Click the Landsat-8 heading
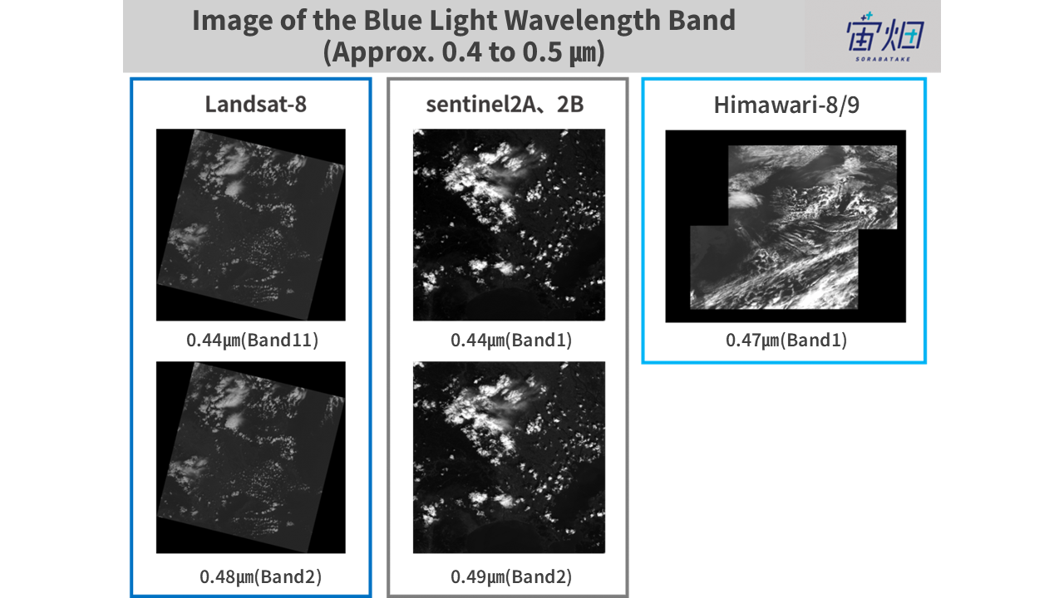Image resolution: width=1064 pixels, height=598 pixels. coord(255,105)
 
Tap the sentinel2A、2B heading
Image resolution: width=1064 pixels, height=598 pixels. coord(505,105)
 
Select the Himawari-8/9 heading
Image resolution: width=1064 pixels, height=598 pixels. coord(786,105)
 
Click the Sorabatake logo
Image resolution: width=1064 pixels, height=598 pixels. coord(885,37)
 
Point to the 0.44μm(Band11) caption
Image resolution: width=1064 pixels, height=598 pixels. coord(252,341)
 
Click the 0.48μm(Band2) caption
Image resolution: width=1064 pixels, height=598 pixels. coord(260,576)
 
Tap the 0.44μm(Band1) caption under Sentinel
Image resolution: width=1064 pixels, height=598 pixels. coord(511,341)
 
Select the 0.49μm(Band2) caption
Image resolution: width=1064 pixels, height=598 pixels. coord(511,576)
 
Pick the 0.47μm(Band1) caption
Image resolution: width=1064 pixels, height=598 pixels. coord(786,341)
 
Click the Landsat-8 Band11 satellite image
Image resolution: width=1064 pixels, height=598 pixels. coord(251,224)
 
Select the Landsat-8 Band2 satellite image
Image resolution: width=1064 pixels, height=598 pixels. coord(251,457)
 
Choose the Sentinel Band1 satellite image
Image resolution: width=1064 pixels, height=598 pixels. coord(509,224)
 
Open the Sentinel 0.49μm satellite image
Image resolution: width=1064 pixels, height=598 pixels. coord(509,457)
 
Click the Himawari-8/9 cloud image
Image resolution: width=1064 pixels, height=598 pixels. coord(786,226)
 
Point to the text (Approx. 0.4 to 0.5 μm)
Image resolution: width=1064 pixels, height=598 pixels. coord(464,52)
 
